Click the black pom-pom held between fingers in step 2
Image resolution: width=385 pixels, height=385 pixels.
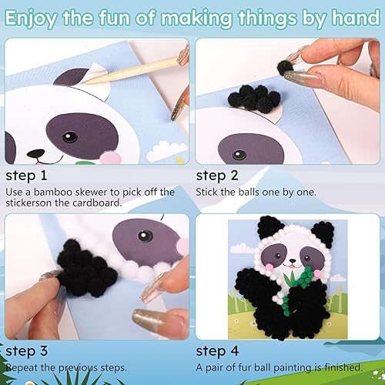[290, 70]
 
